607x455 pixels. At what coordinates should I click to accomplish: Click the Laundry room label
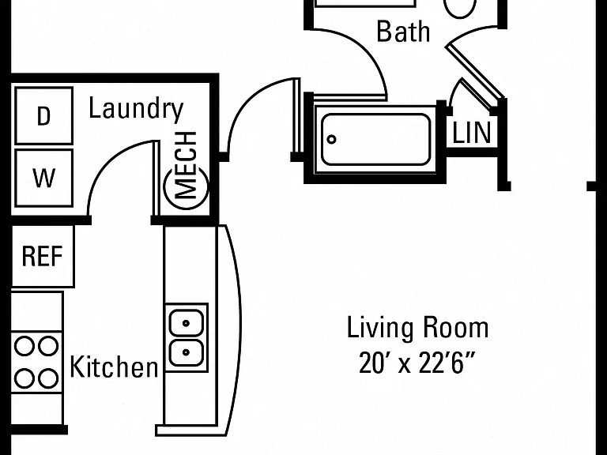pyautogui.click(x=136, y=109)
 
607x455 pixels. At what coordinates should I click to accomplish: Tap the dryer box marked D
pyautogui.click(x=43, y=115)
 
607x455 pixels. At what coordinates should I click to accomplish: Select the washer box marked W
pyautogui.click(x=43, y=178)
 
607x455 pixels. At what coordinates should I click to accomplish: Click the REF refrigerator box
pyautogui.click(x=43, y=256)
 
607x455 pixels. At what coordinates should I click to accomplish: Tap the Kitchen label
pyautogui.click(x=114, y=367)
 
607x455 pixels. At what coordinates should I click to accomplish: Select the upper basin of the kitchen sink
pyautogui.click(x=187, y=322)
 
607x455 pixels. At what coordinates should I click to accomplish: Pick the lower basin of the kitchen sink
pyautogui.click(x=187, y=352)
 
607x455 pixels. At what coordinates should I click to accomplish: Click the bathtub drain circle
pyautogui.click(x=331, y=139)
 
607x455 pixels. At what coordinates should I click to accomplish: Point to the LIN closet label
pyautogui.click(x=472, y=133)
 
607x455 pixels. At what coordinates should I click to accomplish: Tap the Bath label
pyautogui.click(x=403, y=32)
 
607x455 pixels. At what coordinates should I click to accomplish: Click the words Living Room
pyautogui.click(x=417, y=328)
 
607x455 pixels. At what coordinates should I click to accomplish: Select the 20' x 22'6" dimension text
pyautogui.click(x=417, y=363)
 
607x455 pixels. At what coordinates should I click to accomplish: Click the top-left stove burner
pyautogui.click(x=25, y=345)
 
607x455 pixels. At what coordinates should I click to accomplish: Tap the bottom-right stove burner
pyautogui.click(x=48, y=379)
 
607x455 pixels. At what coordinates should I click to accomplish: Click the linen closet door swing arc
pyautogui.click(x=454, y=91)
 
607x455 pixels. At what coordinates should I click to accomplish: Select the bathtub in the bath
pyautogui.click(x=375, y=139)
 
